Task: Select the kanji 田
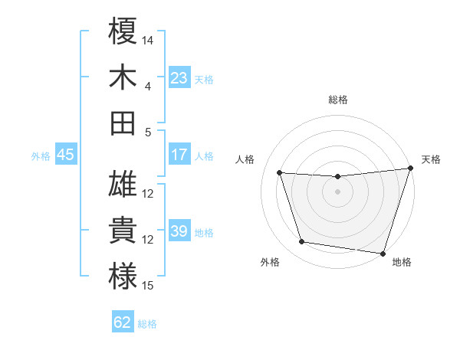tap(123, 122)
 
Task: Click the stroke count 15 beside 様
tap(149, 286)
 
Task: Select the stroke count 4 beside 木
tap(148, 86)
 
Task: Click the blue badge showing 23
tap(179, 77)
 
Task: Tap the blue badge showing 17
tap(179, 155)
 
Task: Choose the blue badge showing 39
tap(179, 231)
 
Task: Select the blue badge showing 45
tap(65, 155)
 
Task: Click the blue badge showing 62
tap(123, 322)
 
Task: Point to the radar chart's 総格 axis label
tap(337, 100)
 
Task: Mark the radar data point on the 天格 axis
tap(410, 169)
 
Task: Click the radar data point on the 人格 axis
tap(280, 173)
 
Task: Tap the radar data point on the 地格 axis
tap(383, 253)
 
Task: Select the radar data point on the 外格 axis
tap(302, 242)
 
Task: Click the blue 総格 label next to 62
tap(147, 324)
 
